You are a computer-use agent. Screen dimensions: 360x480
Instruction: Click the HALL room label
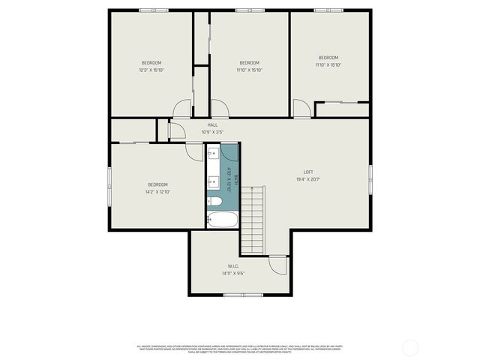(212, 124)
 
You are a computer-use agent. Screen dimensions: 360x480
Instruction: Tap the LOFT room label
(307, 171)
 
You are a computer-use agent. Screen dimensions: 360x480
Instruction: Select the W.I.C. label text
(233, 266)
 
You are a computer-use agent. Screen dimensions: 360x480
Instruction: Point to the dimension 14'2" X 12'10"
(158, 192)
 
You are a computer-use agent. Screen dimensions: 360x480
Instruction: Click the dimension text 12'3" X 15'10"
(151, 70)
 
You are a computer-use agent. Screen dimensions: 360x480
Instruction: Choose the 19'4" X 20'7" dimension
(307, 179)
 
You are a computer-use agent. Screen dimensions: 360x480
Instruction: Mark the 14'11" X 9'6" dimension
(233, 274)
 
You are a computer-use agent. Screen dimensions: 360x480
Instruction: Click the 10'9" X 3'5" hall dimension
(212, 132)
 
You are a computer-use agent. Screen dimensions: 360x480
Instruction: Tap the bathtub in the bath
(222, 220)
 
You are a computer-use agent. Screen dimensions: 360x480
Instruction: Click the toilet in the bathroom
(214, 202)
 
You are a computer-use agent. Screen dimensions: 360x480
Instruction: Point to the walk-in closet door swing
(278, 265)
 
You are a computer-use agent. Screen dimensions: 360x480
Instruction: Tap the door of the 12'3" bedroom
(182, 109)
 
